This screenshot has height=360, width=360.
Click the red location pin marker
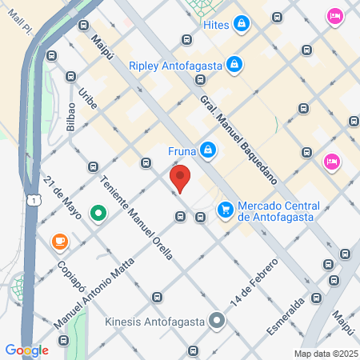[180, 178]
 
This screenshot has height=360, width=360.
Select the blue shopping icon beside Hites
[241, 26]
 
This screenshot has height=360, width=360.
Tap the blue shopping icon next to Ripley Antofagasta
[234, 62]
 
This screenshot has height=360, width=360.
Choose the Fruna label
[182, 150]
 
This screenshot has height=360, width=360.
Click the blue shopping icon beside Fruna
[207, 150]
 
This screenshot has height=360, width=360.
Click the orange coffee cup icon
[59, 241]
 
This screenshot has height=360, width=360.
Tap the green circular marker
[98, 214]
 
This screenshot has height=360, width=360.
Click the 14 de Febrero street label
[254, 282]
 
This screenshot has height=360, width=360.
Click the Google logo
[26, 350]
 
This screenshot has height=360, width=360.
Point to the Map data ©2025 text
[326, 354]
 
